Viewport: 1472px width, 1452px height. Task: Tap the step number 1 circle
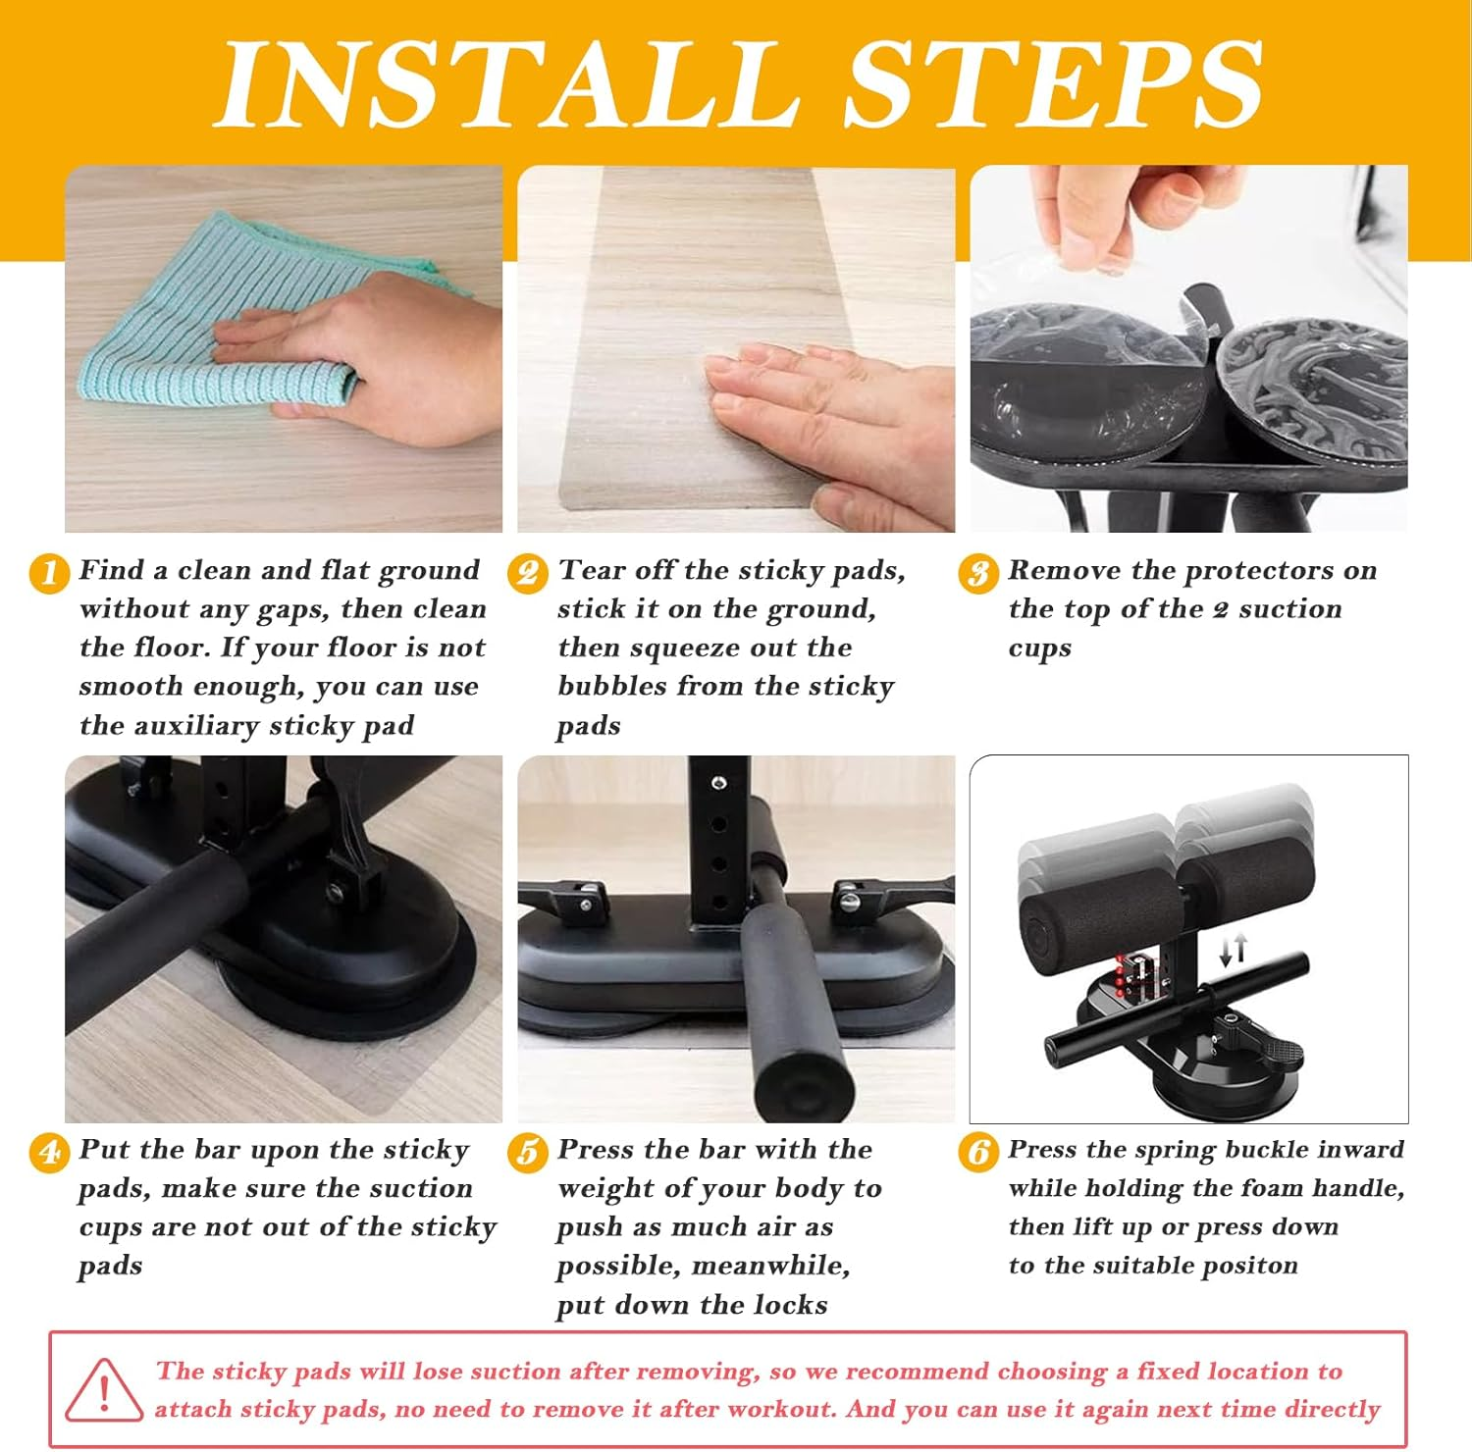pos(49,573)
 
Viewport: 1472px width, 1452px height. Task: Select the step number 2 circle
pos(528,573)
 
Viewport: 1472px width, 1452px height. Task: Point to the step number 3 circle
pos(977,573)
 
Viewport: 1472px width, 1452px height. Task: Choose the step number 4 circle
pos(49,1152)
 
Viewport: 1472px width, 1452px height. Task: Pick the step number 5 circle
pos(528,1152)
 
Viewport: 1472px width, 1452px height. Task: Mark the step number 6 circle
pos(977,1152)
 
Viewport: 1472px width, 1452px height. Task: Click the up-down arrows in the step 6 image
pos(1234,949)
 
